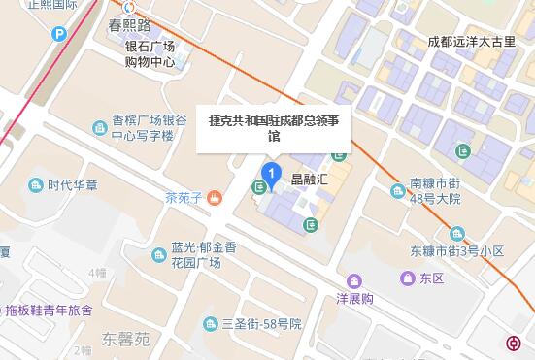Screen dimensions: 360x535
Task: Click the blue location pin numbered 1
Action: click(x=273, y=176)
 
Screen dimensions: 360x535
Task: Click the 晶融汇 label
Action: click(x=311, y=180)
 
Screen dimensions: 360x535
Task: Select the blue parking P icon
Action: click(x=59, y=34)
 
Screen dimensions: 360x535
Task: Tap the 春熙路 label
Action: click(x=129, y=24)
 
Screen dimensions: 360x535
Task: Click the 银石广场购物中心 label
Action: click(x=150, y=53)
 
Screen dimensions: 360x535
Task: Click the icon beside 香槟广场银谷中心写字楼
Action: click(x=100, y=127)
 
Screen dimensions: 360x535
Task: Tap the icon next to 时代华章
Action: click(x=36, y=184)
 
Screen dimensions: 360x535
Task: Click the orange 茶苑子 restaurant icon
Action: click(x=215, y=198)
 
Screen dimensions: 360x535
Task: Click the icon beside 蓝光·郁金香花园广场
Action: click(x=159, y=255)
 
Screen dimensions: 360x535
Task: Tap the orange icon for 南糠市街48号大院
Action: click(x=398, y=190)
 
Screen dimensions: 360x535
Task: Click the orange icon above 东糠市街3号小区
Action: click(x=457, y=233)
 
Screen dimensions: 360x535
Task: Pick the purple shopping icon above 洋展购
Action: click(x=354, y=281)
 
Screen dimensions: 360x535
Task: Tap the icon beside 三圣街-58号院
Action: click(x=209, y=323)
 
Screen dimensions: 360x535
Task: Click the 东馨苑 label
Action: click(x=127, y=340)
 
